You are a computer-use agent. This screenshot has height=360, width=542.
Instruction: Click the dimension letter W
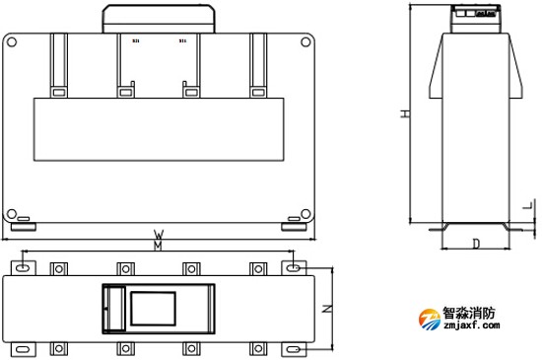point(158,236)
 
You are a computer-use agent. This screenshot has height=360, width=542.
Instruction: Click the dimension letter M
point(158,247)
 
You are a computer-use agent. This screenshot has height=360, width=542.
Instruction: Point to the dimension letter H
point(404,114)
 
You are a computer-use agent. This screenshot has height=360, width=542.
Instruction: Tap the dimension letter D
point(475,243)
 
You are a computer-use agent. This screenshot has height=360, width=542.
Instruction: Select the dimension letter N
point(328,309)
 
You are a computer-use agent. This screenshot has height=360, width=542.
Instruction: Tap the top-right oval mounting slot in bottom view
point(294,267)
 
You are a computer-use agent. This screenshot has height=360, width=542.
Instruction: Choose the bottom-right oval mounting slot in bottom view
point(294,349)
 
